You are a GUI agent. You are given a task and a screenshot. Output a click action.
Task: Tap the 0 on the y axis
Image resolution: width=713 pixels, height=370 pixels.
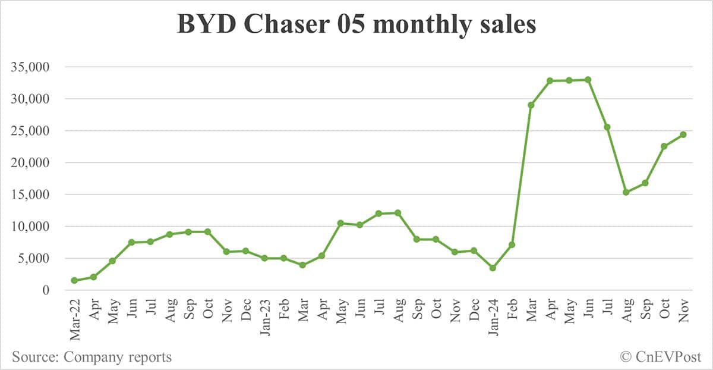[x=45, y=290]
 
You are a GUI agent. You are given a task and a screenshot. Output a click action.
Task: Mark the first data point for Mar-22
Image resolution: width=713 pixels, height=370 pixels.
[x=74, y=281]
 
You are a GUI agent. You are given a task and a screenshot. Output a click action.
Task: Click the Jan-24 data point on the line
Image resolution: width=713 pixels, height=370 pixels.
[x=493, y=268]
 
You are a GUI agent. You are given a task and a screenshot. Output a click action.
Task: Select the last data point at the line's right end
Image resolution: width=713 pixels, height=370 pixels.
[x=683, y=134]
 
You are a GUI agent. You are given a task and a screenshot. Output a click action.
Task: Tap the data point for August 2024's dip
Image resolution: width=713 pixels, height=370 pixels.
[x=626, y=192]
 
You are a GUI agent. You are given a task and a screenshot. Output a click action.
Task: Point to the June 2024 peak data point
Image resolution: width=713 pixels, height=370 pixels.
[x=588, y=80]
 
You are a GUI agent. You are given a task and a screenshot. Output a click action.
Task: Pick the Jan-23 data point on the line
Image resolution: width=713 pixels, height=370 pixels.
[x=264, y=258]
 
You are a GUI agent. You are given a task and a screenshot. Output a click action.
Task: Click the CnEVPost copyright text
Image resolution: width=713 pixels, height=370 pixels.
[x=661, y=357]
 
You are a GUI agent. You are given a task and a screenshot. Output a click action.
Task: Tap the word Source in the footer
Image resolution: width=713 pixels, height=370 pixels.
[x=36, y=357]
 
